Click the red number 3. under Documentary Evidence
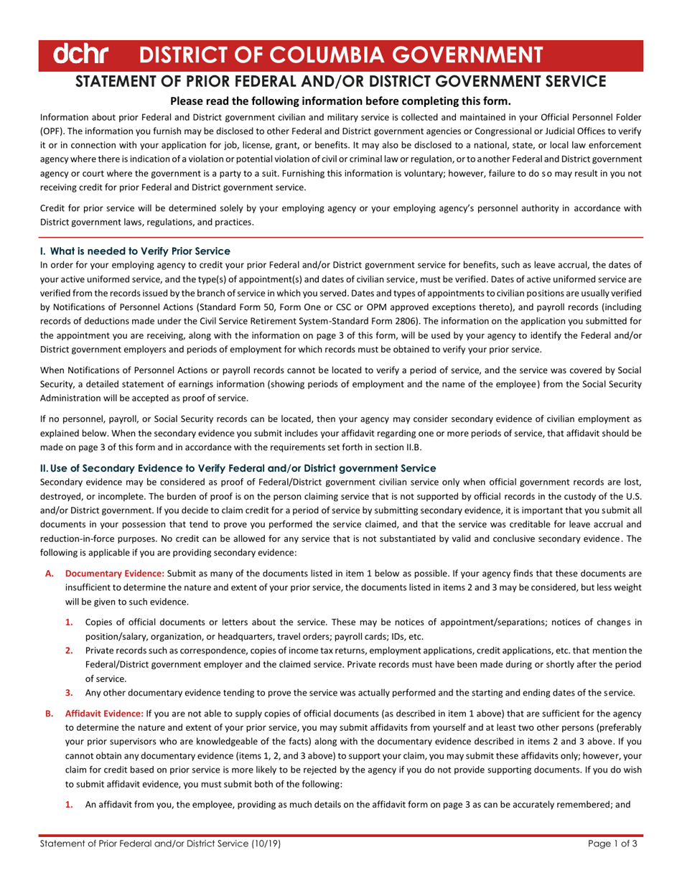[70, 693]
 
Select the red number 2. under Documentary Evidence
[70, 650]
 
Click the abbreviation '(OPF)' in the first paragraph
[52, 130]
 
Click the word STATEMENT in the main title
[124, 80]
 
